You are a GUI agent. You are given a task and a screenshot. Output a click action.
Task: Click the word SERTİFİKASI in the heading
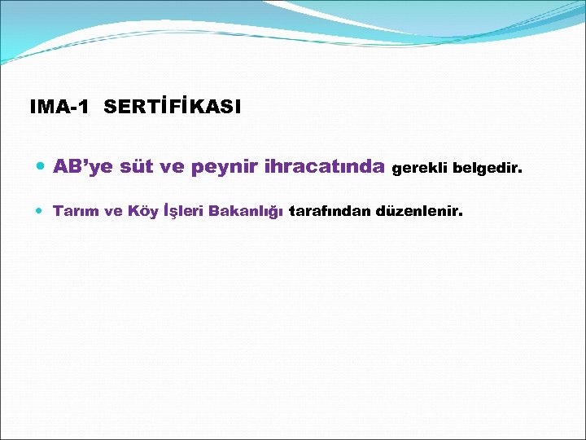(x=173, y=107)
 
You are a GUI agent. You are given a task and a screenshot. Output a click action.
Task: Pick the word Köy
(x=143, y=212)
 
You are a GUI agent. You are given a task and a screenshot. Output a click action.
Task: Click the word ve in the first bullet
(x=173, y=168)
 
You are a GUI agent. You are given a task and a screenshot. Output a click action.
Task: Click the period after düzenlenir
(x=461, y=216)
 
